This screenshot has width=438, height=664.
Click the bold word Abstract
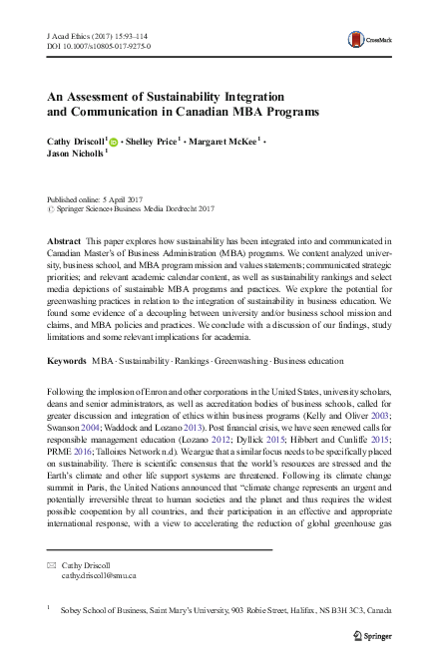(65, 242)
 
